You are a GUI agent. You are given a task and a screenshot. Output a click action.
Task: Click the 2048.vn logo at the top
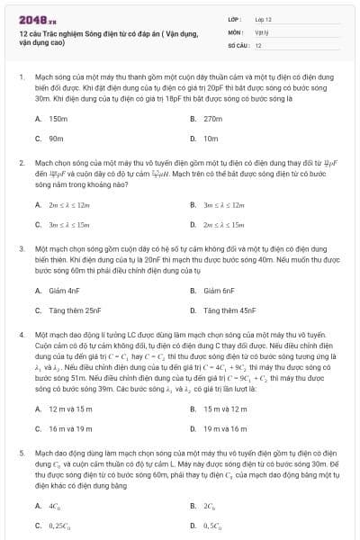(x=33, y=19)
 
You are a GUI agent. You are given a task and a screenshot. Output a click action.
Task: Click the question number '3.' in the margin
(x=21, y=246)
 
